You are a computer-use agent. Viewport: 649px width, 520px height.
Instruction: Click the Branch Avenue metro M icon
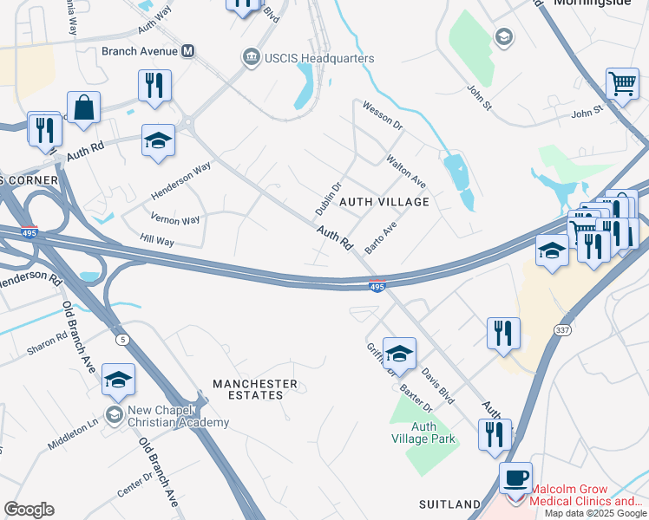tap(187, 51)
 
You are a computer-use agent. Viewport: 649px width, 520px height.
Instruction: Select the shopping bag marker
tap(83, 109)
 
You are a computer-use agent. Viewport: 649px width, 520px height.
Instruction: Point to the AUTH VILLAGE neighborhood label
tap(384, 202)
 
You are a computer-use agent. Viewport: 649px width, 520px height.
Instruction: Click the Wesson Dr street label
tap(383, 114)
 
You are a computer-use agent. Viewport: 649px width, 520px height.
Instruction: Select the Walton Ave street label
tap(406, 171)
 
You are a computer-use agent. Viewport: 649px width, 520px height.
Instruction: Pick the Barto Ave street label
tap(381, 237)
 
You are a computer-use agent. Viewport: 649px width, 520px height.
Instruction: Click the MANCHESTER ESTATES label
tap(255, 389)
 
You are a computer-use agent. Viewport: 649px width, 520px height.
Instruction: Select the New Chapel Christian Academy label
tap(175, 416)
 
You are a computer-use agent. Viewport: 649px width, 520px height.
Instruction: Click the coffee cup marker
tap(517, 478)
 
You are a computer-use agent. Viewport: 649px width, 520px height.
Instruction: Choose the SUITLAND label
tap(449, 504)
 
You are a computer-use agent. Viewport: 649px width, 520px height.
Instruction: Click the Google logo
tap(29, 510)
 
